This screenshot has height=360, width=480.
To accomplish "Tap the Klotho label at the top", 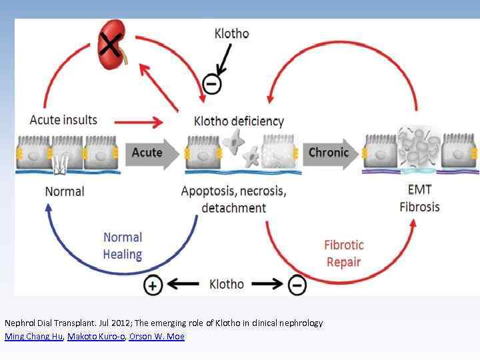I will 231,33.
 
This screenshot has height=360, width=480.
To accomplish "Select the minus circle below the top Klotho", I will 210,85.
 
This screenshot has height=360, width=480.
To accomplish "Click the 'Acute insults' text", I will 63,120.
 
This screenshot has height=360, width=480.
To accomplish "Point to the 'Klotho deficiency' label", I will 238,121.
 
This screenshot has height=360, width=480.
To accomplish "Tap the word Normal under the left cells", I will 65,191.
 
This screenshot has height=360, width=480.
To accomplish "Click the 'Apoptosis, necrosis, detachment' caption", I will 233,199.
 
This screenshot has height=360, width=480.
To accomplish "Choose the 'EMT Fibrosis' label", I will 419,199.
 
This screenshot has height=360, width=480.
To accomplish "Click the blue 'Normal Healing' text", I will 123,245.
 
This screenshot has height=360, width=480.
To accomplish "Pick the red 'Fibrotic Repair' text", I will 344,253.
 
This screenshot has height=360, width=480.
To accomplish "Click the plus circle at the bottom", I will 153,285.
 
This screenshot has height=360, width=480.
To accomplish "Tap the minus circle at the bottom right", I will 297,285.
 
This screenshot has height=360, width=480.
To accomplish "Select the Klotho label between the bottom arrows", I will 227,285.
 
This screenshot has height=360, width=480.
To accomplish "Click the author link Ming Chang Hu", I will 33,337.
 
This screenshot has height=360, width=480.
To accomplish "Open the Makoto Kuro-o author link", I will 96,337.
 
